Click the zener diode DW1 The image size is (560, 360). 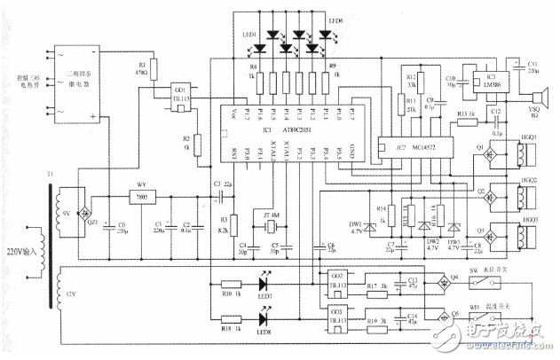367,218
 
